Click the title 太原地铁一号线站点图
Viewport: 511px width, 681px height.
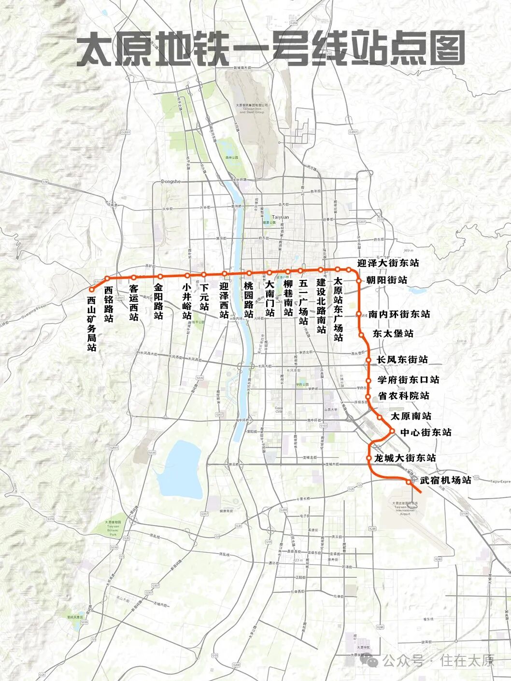click(270, 49)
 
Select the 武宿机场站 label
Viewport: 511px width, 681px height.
click(445, 480)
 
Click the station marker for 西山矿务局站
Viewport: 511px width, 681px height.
click(91, 289)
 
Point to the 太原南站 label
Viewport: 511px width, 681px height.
click(411, 416)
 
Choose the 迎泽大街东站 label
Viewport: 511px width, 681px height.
click(388, 263)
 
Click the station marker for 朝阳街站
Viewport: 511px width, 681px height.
click(359, 280)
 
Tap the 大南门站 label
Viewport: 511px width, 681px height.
click(270, 299)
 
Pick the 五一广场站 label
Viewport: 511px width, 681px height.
click(303, 303)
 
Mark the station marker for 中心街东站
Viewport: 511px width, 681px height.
click(392, 431)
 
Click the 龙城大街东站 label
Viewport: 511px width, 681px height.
click(405, 458)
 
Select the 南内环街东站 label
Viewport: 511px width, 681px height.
click(399, 314)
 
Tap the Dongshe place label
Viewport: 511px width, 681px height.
click(170, 182)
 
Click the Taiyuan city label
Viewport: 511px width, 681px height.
click(280, 217)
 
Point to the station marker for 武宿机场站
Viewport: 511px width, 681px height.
click(409, 482)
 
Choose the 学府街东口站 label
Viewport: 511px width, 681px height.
click(408, 380)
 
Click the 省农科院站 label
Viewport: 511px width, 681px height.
click(403, 396)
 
